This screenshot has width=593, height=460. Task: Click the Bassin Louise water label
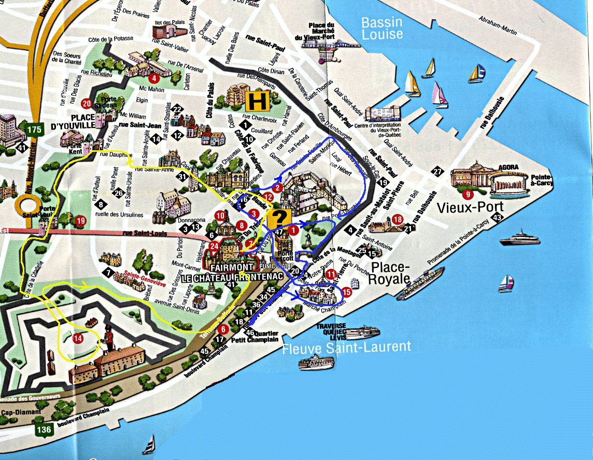pyautogui.click(x=382, y=28)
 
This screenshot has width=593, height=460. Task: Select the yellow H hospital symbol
pyautogui.click(x=256, y=101)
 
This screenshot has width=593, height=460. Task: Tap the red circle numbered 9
pyautogui.click(x=469, y=195)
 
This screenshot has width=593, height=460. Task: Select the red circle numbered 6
pyautogui.click(x=222, y=329)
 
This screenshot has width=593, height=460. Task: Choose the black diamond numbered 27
pyautogui.click(x=439, y=172)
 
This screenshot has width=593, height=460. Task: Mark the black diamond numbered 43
pyautogui.click(x=498, y=218)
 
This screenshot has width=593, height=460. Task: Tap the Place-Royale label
pyautogui.click(x=389, y=274)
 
